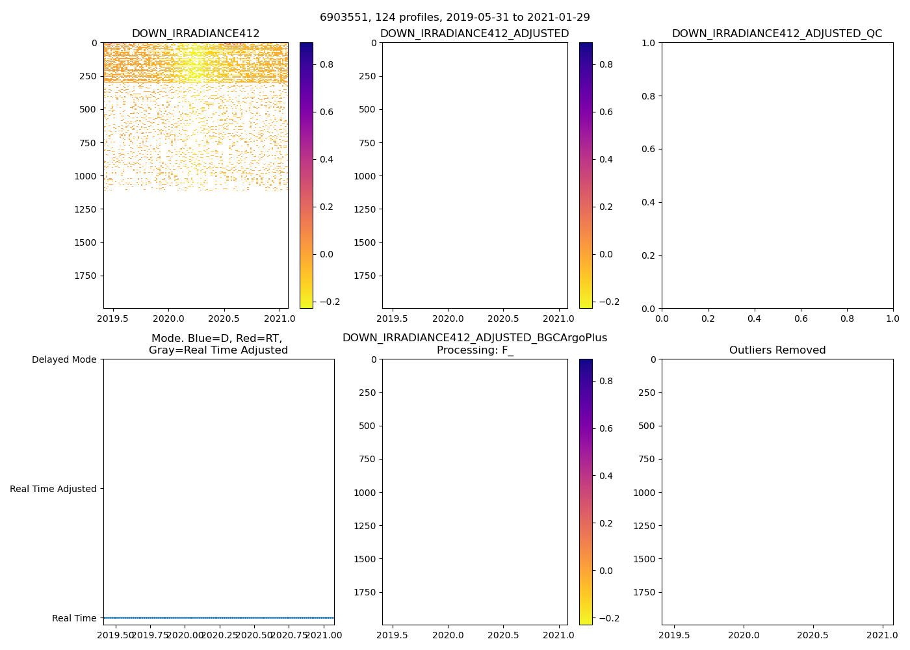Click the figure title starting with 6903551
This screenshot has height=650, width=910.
(x=454, y=18)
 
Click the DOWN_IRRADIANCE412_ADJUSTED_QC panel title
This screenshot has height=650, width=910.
(x=777, y=34)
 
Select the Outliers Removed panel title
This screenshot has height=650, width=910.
(x=777, y=350)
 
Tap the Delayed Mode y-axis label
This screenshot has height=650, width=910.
(x=64, y=359)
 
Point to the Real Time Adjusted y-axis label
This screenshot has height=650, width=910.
(x=53, y=489)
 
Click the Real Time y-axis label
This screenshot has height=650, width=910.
(x=74, y=618)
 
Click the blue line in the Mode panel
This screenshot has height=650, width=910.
(x=218, y=617)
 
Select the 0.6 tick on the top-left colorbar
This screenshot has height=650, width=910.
(x=326, y=112)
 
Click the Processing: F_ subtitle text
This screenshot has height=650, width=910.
(x=474, y=350)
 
